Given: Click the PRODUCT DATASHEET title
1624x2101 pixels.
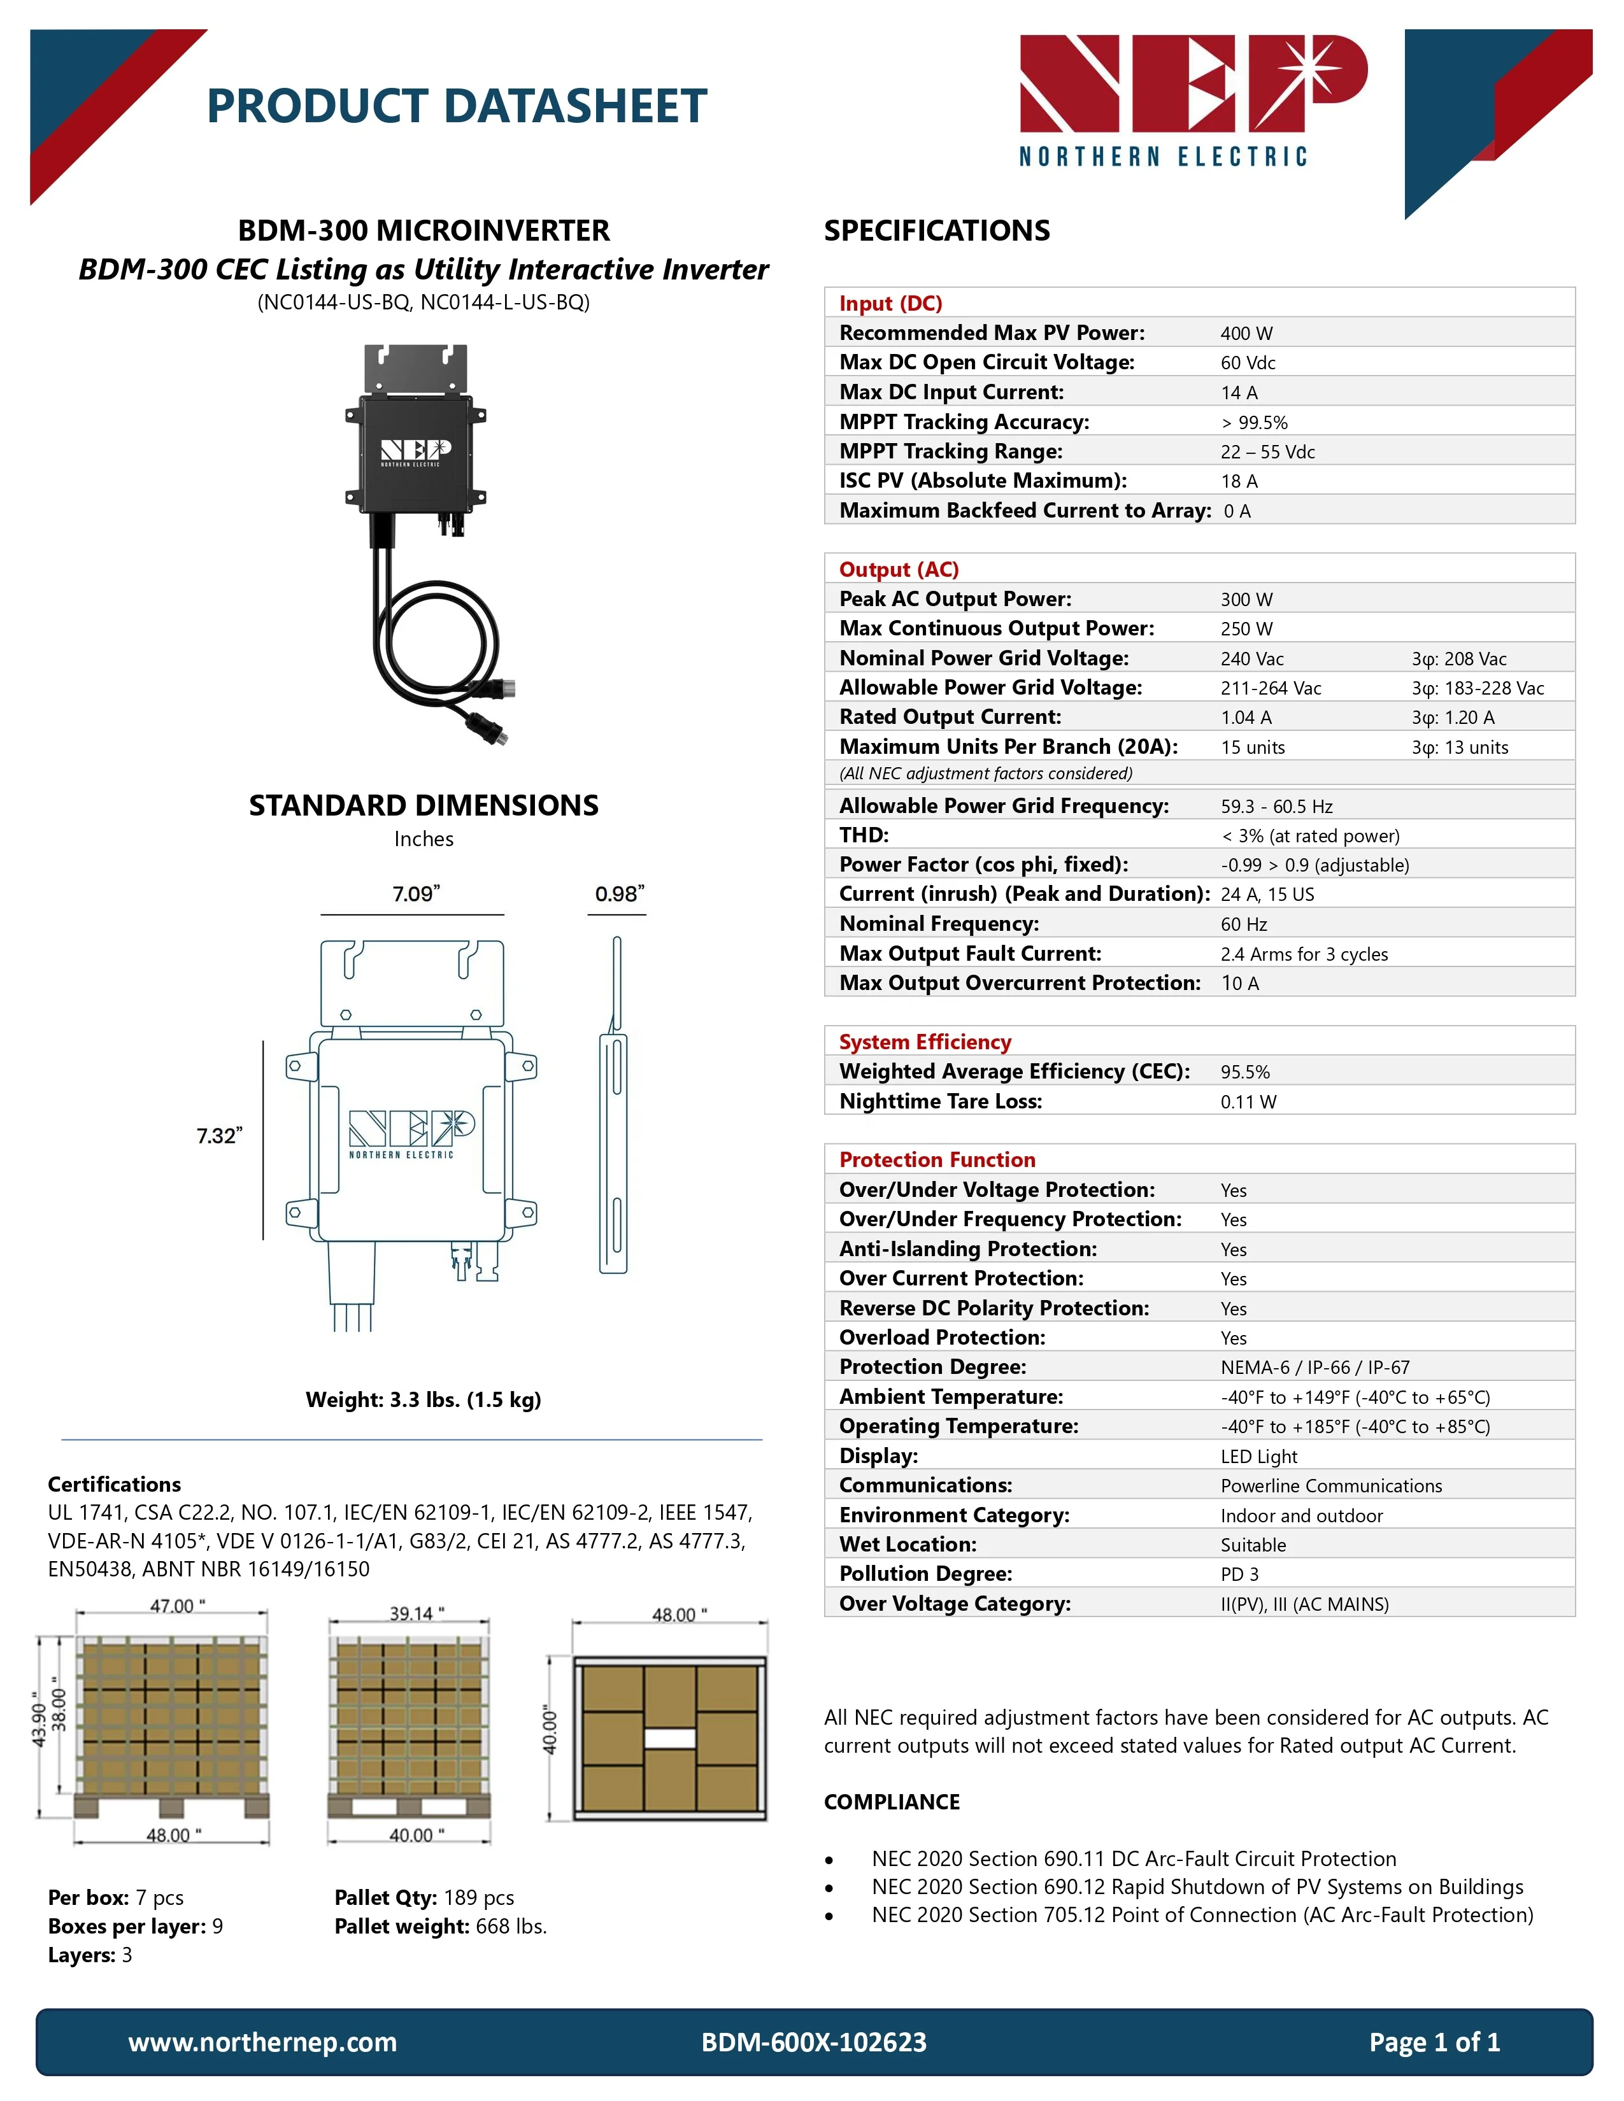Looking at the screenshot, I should [457, 106].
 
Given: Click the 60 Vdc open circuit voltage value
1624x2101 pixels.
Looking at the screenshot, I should [1248, 364].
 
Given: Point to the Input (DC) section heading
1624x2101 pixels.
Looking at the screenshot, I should [890, 304].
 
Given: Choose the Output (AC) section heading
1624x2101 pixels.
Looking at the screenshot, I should [899, 570].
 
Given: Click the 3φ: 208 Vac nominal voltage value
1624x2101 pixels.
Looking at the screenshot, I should [1458, 659].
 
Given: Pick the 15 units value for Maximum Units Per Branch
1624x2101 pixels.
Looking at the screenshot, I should [1253, 747].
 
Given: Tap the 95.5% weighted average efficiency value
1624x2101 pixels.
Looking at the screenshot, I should [1245, 1073].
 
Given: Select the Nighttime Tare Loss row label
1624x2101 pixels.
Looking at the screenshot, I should [940, 1101].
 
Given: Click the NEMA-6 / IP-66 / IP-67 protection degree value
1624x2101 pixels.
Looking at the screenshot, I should [1315, 1368].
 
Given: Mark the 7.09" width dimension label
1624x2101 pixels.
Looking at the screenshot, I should [416, 894].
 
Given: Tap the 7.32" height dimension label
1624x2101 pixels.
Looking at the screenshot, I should [219, 1136].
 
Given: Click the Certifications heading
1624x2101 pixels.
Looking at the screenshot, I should [115, 1484].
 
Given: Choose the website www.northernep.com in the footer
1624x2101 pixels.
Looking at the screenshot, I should [262, 2042].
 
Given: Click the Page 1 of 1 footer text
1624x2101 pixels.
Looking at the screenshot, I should [1434, 2042].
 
